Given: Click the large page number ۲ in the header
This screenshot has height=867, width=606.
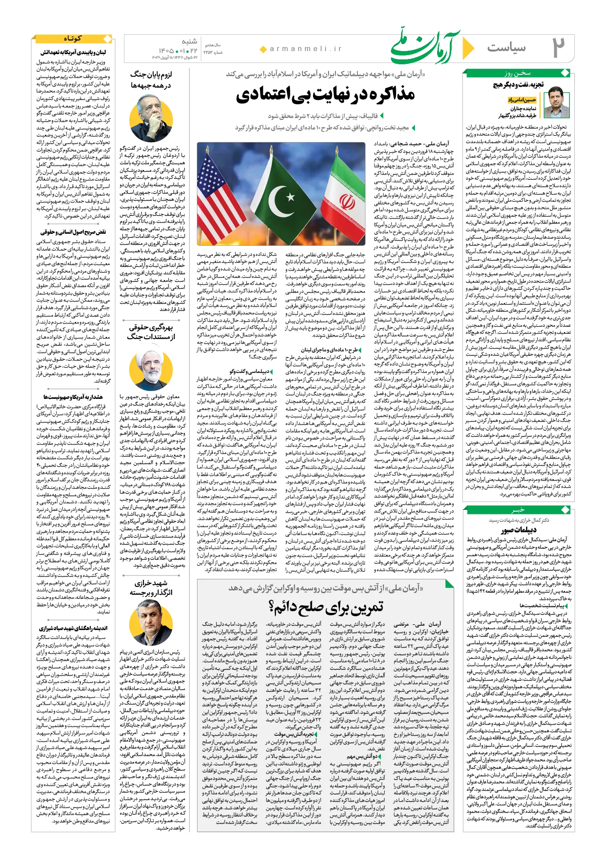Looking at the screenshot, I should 558,47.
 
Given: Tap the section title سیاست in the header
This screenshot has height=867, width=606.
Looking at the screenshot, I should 506,48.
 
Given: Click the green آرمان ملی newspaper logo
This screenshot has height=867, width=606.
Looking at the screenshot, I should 424,46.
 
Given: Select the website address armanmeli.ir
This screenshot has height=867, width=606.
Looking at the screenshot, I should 306,49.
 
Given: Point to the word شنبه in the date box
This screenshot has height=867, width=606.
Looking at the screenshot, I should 189,42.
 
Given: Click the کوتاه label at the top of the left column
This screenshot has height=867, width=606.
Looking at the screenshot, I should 73,39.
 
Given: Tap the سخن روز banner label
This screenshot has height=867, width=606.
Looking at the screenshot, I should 517,74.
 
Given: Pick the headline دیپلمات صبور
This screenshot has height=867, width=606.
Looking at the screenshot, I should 518,529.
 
